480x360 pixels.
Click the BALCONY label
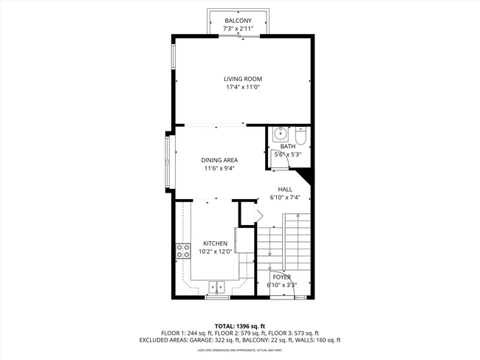(239, 21)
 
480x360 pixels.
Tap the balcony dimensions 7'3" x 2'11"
(239, 29)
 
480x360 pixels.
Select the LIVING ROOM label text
(243, 79)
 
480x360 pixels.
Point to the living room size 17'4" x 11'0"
(243, 87)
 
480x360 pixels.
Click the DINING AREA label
(219, 160)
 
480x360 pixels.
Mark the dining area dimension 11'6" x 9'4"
(219, 168)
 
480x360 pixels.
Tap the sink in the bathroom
(280, 136)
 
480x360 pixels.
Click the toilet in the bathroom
(301, 137)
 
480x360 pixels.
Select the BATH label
(287, 147)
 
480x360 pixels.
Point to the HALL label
(285, 189)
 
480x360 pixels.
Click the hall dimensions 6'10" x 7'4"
(285, 197)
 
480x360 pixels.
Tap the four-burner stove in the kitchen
(182, 251)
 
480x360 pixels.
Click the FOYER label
(281, 277)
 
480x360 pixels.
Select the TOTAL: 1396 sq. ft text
(239, 325)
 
